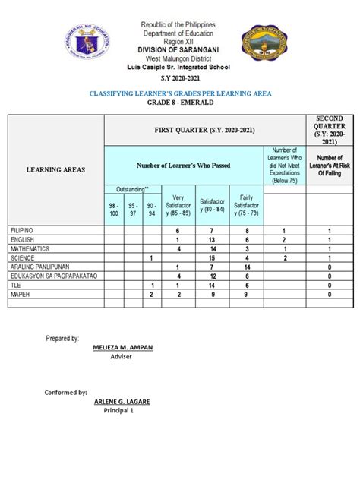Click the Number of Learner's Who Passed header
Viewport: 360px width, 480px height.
(x=184, y=164)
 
